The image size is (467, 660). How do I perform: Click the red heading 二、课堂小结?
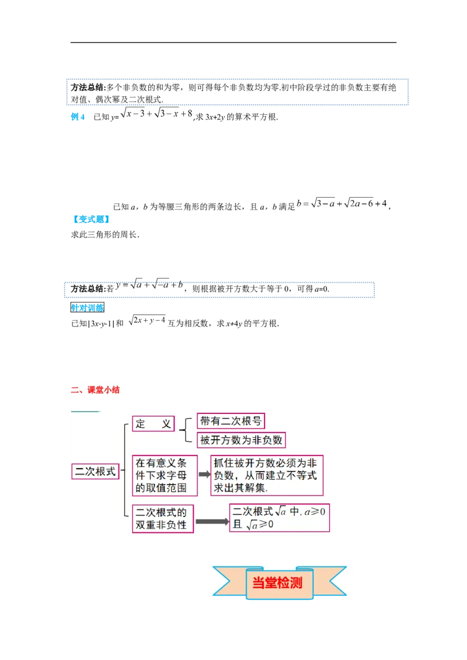click(95, 390)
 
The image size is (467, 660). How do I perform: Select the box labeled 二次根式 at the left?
click(95, 471)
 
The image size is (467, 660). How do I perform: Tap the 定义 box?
click(154, 424)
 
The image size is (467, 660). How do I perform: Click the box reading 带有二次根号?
click(231, 421)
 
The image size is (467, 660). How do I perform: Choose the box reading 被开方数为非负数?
click(241, 440)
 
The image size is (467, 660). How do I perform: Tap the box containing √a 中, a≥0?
click(280, 517)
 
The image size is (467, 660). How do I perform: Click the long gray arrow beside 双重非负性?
click(211, 521)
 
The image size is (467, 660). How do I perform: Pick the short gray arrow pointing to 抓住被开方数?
click(204, 475)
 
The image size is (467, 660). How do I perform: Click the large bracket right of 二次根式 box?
click(125, 470)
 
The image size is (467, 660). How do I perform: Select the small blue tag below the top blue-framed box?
click(78, 117)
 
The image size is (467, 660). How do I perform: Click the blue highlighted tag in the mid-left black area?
click(91, 219)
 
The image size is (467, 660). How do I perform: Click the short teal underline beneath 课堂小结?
click(85, 412)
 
